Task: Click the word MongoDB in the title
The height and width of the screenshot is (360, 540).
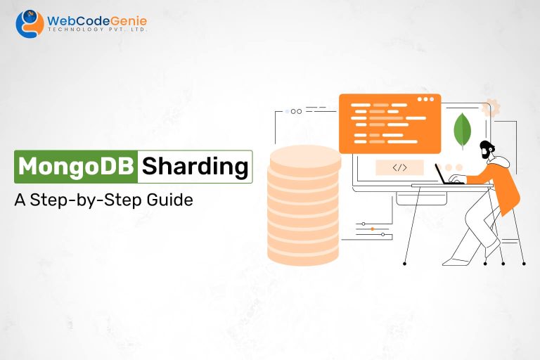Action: (75, 167)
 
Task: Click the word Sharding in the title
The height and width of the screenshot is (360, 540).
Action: (195, 167)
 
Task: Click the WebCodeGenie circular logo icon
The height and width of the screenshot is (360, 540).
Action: (29, 23)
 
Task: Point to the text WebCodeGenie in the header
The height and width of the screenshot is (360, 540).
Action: (96, 21)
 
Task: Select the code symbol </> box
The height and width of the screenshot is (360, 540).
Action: (399, 167)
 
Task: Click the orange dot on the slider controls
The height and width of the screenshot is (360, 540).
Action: (370, 229)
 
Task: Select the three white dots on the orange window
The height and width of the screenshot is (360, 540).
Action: (427, 100)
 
